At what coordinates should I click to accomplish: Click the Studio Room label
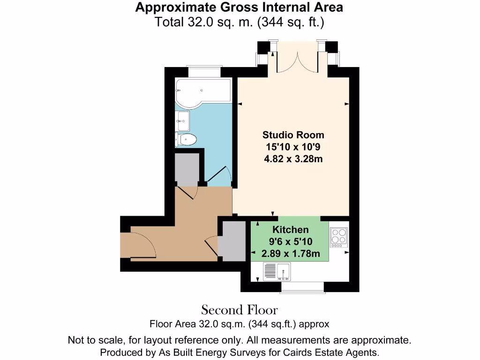coord(293,135)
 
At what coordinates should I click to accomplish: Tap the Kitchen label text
coord(291,230)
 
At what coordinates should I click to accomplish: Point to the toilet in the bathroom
coord(186,139)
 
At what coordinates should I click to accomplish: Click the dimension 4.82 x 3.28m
coord(293,159)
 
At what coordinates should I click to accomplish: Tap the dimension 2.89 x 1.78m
coord(291,254)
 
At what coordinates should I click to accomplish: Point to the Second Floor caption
coord(240,310)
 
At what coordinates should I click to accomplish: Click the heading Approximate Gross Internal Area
coord(239,7)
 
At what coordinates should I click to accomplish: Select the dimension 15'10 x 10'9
coord(293,147)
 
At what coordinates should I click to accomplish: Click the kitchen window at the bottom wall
coord(301,286)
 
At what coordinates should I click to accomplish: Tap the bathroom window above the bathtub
coord(203,71)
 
